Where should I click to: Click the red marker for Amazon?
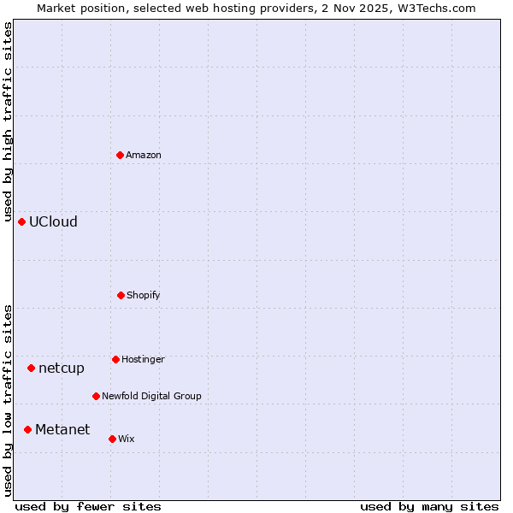tap(120, 155)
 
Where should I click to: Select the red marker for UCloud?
tap(21, 221)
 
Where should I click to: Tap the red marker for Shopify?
tap(121, 295)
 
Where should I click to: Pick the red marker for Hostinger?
tap(115, 359)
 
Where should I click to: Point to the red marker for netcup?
tap(31, 368)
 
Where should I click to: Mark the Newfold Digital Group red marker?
tap(96, 396)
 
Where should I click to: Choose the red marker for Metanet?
tap(27, 429)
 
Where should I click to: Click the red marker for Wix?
tap(112, 439)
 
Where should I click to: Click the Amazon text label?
tap(144, 155)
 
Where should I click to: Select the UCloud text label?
tap(53, 221)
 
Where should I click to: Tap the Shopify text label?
tap(144, 295)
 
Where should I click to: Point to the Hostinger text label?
tap(143, 359)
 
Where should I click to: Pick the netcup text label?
tap(62, 368)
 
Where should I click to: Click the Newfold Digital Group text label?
tap(151, 396)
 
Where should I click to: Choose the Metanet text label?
tap(62, 429)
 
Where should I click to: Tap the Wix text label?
tap(127, 439)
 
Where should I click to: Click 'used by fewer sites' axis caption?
tap(88, 506)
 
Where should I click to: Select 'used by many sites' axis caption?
tap(429, 506)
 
